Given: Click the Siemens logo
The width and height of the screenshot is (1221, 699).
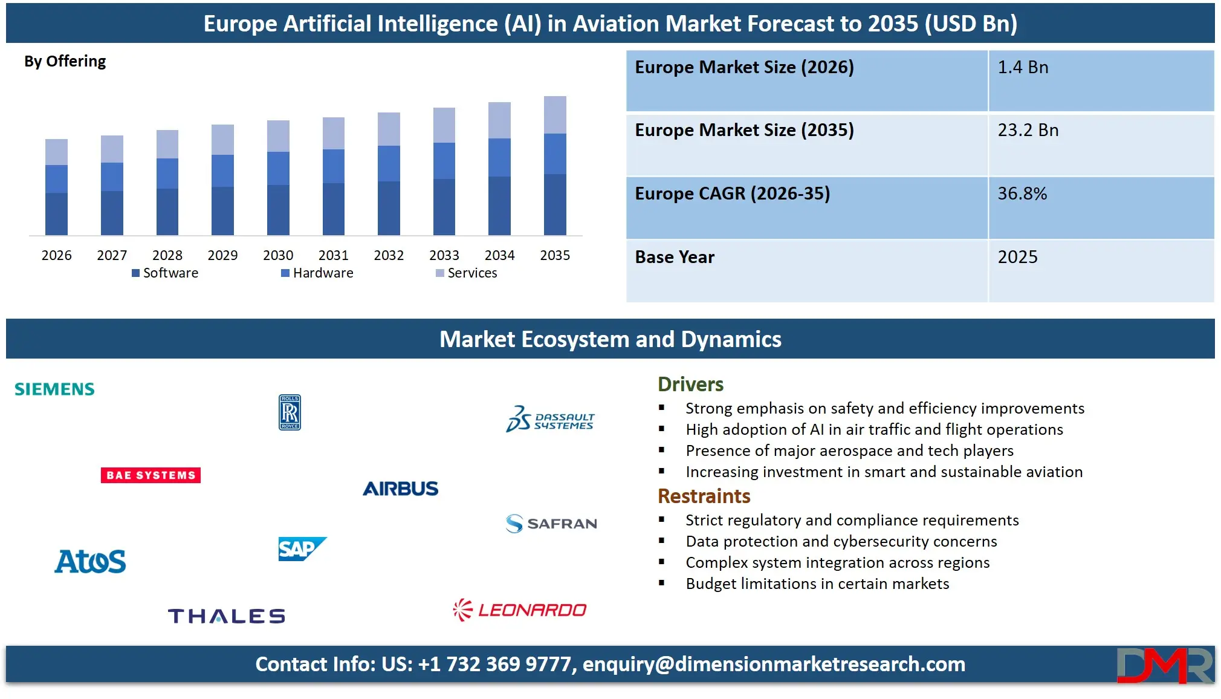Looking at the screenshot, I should [54, 389].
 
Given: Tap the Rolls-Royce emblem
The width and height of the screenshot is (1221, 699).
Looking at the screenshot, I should [290, 412].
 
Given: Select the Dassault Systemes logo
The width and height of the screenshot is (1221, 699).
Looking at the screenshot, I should [550, 418].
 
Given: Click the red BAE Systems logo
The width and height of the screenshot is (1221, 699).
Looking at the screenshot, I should [151, 475].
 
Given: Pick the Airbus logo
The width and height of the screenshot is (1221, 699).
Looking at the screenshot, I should [400, 489].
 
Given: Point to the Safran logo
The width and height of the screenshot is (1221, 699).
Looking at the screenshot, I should [551, 523].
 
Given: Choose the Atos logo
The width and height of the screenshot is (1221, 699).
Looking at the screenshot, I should [90, 561].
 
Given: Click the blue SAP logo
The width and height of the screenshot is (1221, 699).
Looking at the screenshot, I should [302, 549].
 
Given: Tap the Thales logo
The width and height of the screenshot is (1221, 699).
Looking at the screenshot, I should [226, 616].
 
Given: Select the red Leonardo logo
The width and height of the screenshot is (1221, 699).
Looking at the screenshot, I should [520, 610].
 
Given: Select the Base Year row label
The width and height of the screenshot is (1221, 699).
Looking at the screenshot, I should [675, 258].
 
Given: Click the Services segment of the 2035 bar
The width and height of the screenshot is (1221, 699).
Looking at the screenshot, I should [555, 115].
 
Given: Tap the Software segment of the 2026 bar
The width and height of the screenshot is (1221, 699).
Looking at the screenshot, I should [56, 213].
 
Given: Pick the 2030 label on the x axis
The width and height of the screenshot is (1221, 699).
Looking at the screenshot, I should [278, 256].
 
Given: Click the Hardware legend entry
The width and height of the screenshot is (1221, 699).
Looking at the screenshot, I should [317, 273].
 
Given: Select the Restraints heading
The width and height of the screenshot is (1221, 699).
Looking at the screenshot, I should [704, 496].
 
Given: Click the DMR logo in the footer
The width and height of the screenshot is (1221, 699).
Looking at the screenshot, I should [1164, 665].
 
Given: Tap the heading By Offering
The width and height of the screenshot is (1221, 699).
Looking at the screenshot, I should [65, 62].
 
